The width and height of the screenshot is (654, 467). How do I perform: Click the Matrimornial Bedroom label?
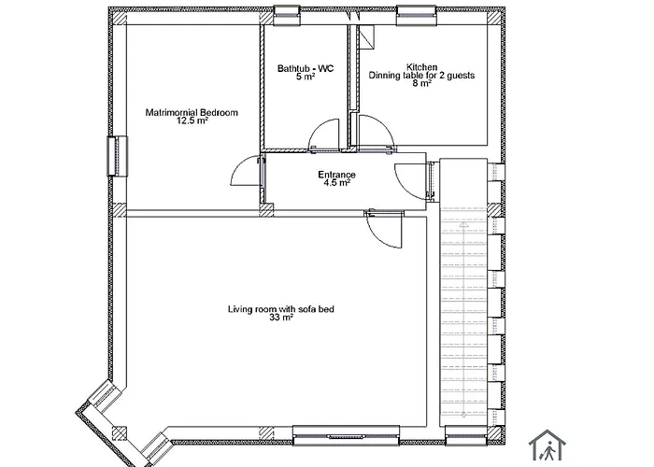[192, 113]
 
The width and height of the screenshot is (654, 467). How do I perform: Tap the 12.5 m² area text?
[192, 121]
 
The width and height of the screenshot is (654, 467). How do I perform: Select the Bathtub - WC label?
[305, 68]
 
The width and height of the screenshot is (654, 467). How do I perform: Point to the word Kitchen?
[419, 66]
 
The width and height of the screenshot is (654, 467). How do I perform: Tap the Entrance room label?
[336, 175]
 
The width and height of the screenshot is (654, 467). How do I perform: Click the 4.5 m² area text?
[336, 183]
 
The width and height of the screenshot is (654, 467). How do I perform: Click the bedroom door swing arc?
[245, 169]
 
